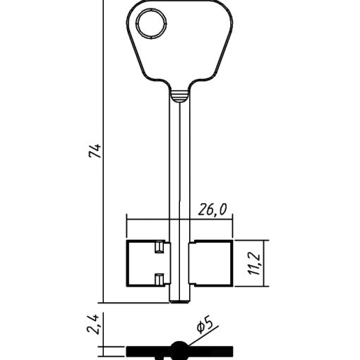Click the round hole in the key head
152,23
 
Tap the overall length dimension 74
95,150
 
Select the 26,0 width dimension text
212,210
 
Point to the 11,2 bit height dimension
255,264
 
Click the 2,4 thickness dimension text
92,324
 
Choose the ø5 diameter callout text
205,326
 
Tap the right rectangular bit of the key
211,263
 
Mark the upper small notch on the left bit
160,247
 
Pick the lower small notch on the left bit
160,280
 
